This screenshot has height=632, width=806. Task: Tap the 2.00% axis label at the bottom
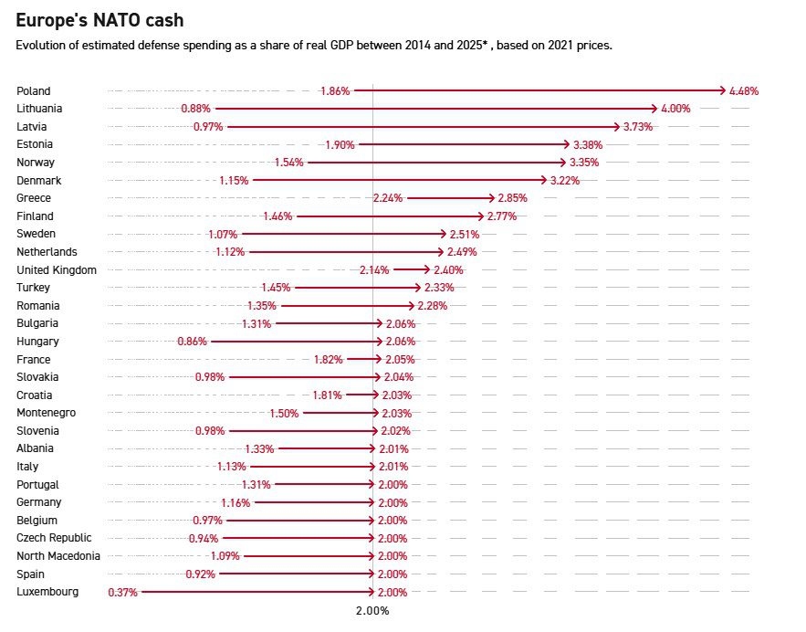point(372,611)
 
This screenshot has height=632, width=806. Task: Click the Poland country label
point(34,90)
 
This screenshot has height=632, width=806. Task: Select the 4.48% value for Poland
point(744,90)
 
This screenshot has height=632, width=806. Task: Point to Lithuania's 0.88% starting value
point(195,109)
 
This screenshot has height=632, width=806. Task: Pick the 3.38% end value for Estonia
point(587,144)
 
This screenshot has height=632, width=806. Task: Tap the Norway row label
point(36,162)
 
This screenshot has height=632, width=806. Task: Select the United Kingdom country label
point(57,269)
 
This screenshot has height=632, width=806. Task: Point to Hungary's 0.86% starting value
point(193,342)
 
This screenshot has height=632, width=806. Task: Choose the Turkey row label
point(33,288)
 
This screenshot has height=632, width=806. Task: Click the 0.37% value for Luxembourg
point(122,592)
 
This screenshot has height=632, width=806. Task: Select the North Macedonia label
point(58,555)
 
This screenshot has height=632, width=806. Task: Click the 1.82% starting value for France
point(328,360)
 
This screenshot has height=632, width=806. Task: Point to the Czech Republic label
point(54,538)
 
